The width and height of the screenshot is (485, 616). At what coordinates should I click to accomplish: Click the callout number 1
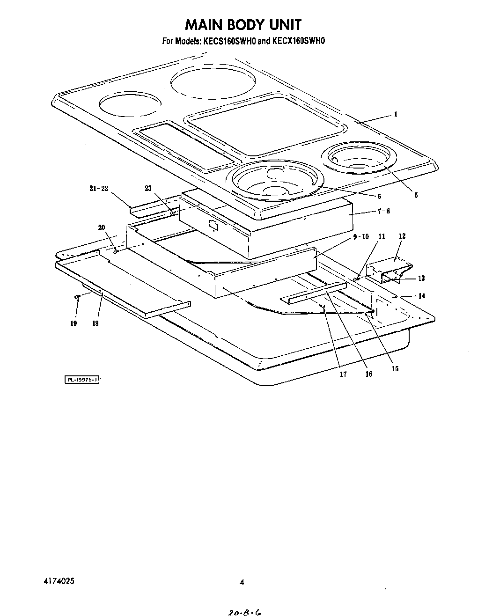click(396, 114)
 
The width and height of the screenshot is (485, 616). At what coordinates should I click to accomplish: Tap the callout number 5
click(416, 196)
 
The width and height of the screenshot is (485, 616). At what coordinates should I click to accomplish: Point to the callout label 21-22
click(98, 188)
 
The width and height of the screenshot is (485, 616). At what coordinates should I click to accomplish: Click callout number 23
click(148, 188)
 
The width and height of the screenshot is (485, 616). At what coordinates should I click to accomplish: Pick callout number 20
click(102, 227)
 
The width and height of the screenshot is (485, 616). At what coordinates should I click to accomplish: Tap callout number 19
click(73, 323)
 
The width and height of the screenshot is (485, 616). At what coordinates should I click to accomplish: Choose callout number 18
click(96, 323)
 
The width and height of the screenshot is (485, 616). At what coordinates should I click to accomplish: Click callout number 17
click(343, 374)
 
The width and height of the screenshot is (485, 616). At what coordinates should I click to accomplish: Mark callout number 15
click(395, 369)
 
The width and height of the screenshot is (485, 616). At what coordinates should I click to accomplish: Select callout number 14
click(421, 296)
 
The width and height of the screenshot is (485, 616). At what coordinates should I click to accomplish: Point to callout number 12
click(402, 236)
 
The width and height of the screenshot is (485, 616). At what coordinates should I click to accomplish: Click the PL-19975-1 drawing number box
click(82, 380)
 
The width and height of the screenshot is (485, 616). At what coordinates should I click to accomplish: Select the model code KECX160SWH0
click(298, 41)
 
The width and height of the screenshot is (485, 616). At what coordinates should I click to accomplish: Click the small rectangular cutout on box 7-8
click(213, 225)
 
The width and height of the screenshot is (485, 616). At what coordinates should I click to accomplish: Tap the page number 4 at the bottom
click(242, 583)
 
